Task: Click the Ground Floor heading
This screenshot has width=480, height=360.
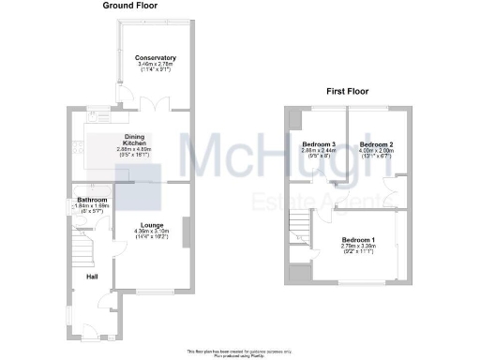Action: [130, 6]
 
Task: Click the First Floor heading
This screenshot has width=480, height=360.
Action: [347, 92]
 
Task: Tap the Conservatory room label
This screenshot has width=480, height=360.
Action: [156, 58]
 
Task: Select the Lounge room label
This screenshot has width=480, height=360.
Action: [152, 225]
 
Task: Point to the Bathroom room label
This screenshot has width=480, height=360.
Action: [93, 201]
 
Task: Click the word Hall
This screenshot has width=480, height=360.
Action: [93, 277]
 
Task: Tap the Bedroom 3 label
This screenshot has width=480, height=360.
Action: [319, 144]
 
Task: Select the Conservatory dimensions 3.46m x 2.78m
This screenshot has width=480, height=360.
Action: [156, 65]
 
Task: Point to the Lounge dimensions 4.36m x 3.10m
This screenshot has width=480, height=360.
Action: [152, 232]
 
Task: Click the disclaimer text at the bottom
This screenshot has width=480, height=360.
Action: [240, 351]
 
